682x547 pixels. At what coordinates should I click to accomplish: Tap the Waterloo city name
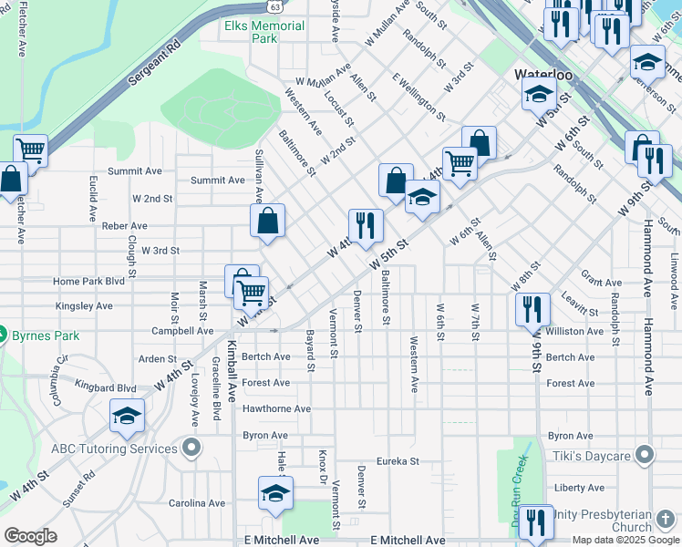542,74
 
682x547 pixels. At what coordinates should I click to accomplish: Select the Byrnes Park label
45,335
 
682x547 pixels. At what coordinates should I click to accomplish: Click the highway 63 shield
274,6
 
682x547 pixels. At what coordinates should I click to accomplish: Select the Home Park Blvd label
88,282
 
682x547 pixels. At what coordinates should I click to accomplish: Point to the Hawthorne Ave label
276,409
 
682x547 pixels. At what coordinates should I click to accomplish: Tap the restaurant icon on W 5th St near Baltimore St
366,225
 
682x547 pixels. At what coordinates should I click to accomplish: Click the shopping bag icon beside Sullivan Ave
268,221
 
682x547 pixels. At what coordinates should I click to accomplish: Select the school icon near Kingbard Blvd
127,417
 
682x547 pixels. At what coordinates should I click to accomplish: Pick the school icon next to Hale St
275,493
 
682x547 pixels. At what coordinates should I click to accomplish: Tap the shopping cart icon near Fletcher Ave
32,151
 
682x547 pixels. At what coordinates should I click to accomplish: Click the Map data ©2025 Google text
625,540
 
